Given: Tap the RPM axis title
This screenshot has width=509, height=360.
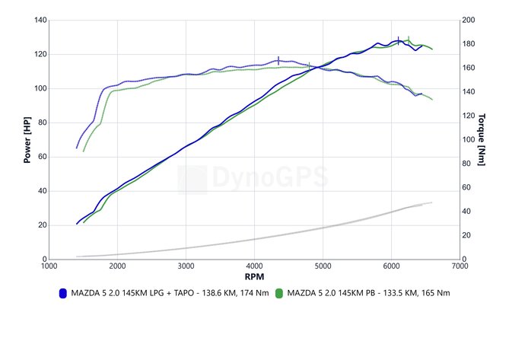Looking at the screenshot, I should (254, 276).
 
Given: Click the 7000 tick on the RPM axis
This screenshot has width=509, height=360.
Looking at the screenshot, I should (460, 266).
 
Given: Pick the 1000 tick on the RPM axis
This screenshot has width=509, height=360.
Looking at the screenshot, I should (49, 266).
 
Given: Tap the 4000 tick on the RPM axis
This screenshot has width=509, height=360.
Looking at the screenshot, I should (254, 266).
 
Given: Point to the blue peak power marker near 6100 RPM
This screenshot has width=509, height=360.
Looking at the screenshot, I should (398, 40).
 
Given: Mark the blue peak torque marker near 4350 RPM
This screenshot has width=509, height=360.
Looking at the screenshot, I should (278, 61).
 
